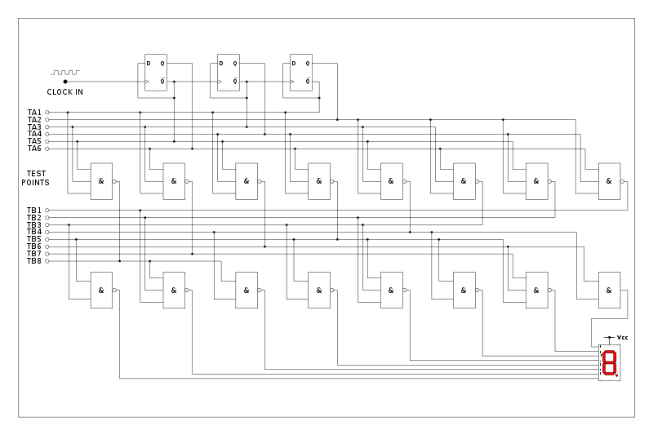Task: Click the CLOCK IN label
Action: (x=64, y=92)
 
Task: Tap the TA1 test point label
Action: (x=34, y=112)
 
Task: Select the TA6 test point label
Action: (x=34, y=149)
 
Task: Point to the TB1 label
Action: (x=34, y=211)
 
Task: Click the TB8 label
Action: (x=34, y=261)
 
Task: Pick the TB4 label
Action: (x=34, y=232)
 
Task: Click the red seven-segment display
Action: (x=609, y=362)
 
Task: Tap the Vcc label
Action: (x=622, y=337)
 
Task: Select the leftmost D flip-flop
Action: (x=155, y=72)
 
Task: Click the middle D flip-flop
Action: (x=228, y=72)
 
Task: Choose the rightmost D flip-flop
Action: (x=301, y=72)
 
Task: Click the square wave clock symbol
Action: (x=65, y=73)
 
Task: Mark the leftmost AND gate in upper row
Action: (x=101, y=181)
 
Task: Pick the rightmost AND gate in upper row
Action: (x=609, y=181)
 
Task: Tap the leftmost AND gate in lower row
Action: (x=101, y=290)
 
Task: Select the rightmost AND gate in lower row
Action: (x=609, y=290)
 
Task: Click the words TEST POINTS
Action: (x=36, y=178)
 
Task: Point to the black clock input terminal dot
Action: (x=65, y=82)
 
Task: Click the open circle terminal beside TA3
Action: (x=47, y=127)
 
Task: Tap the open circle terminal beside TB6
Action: (x=47, y=246)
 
